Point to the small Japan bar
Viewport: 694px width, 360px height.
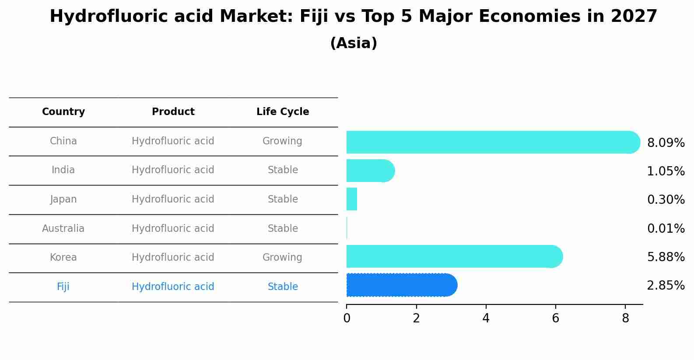[x=352, y=199]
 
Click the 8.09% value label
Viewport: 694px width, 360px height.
[x=666, y=143]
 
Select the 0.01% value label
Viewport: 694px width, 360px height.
[x=666, y=228]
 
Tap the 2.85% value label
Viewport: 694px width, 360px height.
[x=666, y=286]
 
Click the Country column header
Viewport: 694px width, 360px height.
[x=63, y=112]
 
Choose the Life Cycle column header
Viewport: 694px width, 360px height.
[x=283, y=112]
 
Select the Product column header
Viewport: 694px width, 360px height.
[x=173, y=112]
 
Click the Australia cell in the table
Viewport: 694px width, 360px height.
[x=63, y=228]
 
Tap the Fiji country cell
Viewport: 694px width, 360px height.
[x=63, y=287]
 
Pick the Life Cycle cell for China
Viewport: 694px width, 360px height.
[x=282, y=141]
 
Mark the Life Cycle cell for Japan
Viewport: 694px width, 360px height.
[x=283, y=199]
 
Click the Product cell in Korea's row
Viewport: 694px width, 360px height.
[x=173, y=257]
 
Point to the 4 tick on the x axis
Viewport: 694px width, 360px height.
[x=486, y=318]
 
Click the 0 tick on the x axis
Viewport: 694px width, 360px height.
[x=347, y=318]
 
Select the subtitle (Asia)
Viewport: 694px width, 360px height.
[x=354, y=43]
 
